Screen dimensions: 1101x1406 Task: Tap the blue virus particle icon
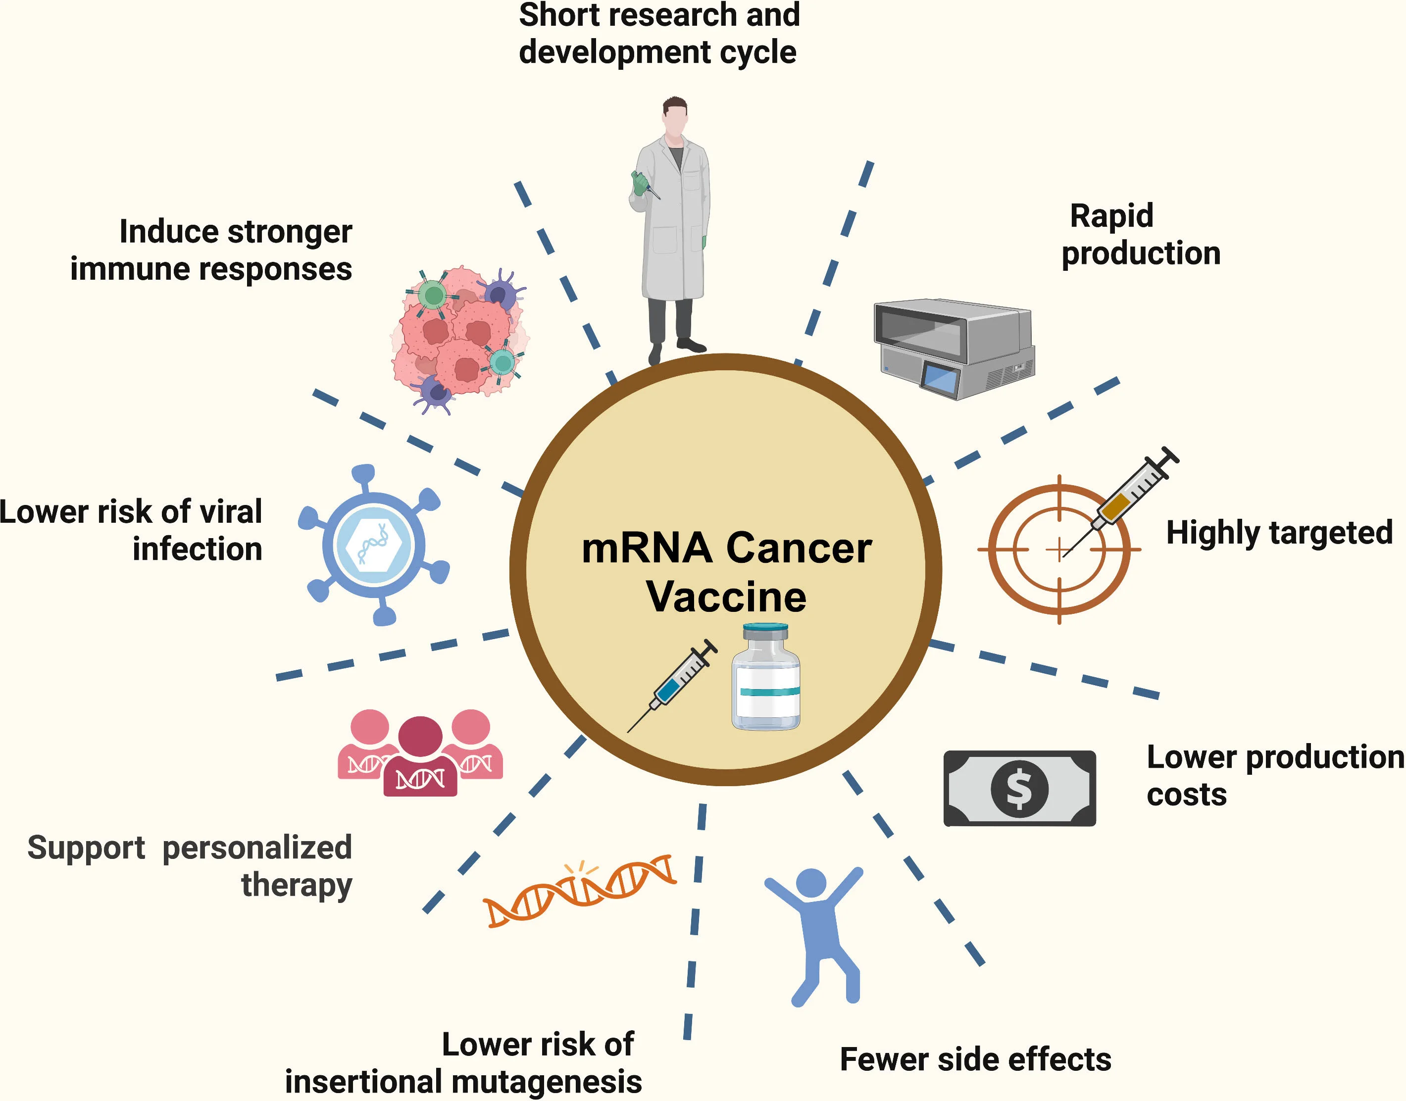(373, 545)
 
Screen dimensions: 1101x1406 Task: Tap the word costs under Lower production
(1186, 794)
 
